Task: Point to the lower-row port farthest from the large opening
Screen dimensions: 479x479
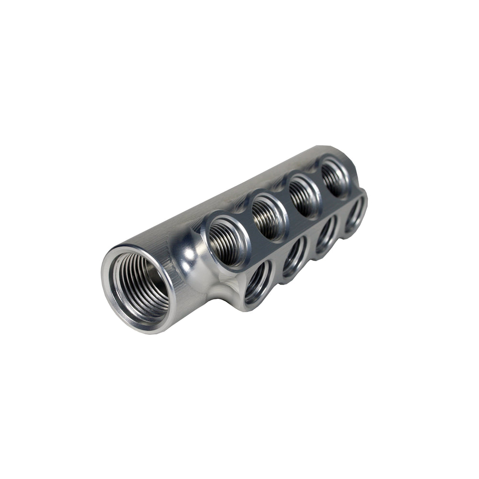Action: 355,215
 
